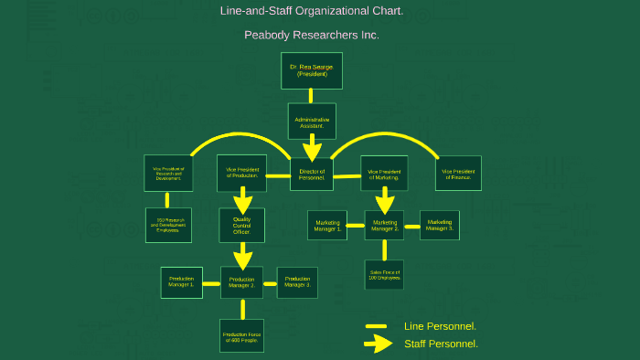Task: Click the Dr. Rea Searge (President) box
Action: tap(312, 70)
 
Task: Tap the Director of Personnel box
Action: tap(312, 173)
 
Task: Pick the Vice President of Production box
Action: tap(242, 173)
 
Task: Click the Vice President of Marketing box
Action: tap(384, 173)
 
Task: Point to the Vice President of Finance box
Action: tap(458, 173)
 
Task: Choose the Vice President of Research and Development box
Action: tap(168, 173)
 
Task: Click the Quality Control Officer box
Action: tap(242, 225)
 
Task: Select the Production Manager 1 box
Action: tap(180, 283)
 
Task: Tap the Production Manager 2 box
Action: tap(241, 283)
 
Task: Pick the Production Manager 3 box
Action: tap(297, 283)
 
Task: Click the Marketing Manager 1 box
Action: tap(328, 225)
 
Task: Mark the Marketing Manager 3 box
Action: tap(440, 225)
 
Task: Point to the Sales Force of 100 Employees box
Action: tap(384, 274)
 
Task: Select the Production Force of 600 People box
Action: tap(241, 335)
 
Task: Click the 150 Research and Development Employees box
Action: tap(168, 225)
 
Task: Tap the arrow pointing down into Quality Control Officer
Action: tap(242, 199)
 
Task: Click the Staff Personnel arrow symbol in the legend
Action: tap(378, 344)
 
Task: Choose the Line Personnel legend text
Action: tap(440, 326)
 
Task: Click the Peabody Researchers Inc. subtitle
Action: tap(312, 36)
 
